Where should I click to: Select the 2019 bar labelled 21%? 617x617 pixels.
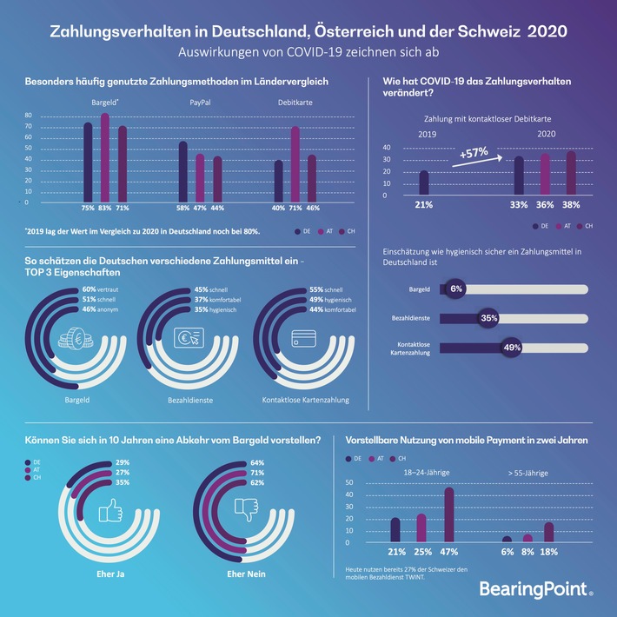424,182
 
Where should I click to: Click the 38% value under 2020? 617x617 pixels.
570,205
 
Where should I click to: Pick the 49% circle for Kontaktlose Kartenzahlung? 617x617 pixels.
513,348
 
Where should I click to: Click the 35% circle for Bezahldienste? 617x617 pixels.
489,318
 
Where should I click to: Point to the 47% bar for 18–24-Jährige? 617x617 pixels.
448,514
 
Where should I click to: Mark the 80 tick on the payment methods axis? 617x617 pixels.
28,116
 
